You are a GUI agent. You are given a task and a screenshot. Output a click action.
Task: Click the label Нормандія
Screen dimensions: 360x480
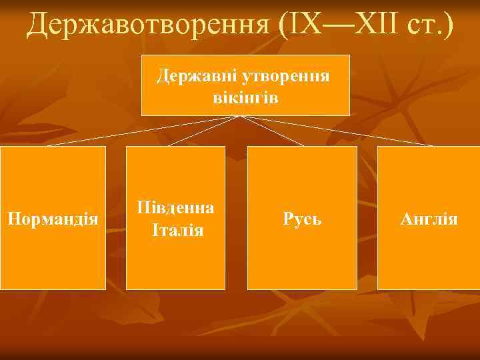[53, 218]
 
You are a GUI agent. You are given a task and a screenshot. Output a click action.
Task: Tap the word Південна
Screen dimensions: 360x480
[176, 207]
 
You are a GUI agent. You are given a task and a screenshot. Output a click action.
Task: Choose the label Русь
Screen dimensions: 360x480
[302, 218]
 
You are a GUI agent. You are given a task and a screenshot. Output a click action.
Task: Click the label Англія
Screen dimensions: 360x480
[429, 218]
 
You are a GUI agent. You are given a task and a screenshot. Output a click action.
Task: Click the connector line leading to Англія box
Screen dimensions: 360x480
[340, 131]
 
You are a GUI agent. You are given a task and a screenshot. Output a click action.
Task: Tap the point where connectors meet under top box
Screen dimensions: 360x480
[242, 117]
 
